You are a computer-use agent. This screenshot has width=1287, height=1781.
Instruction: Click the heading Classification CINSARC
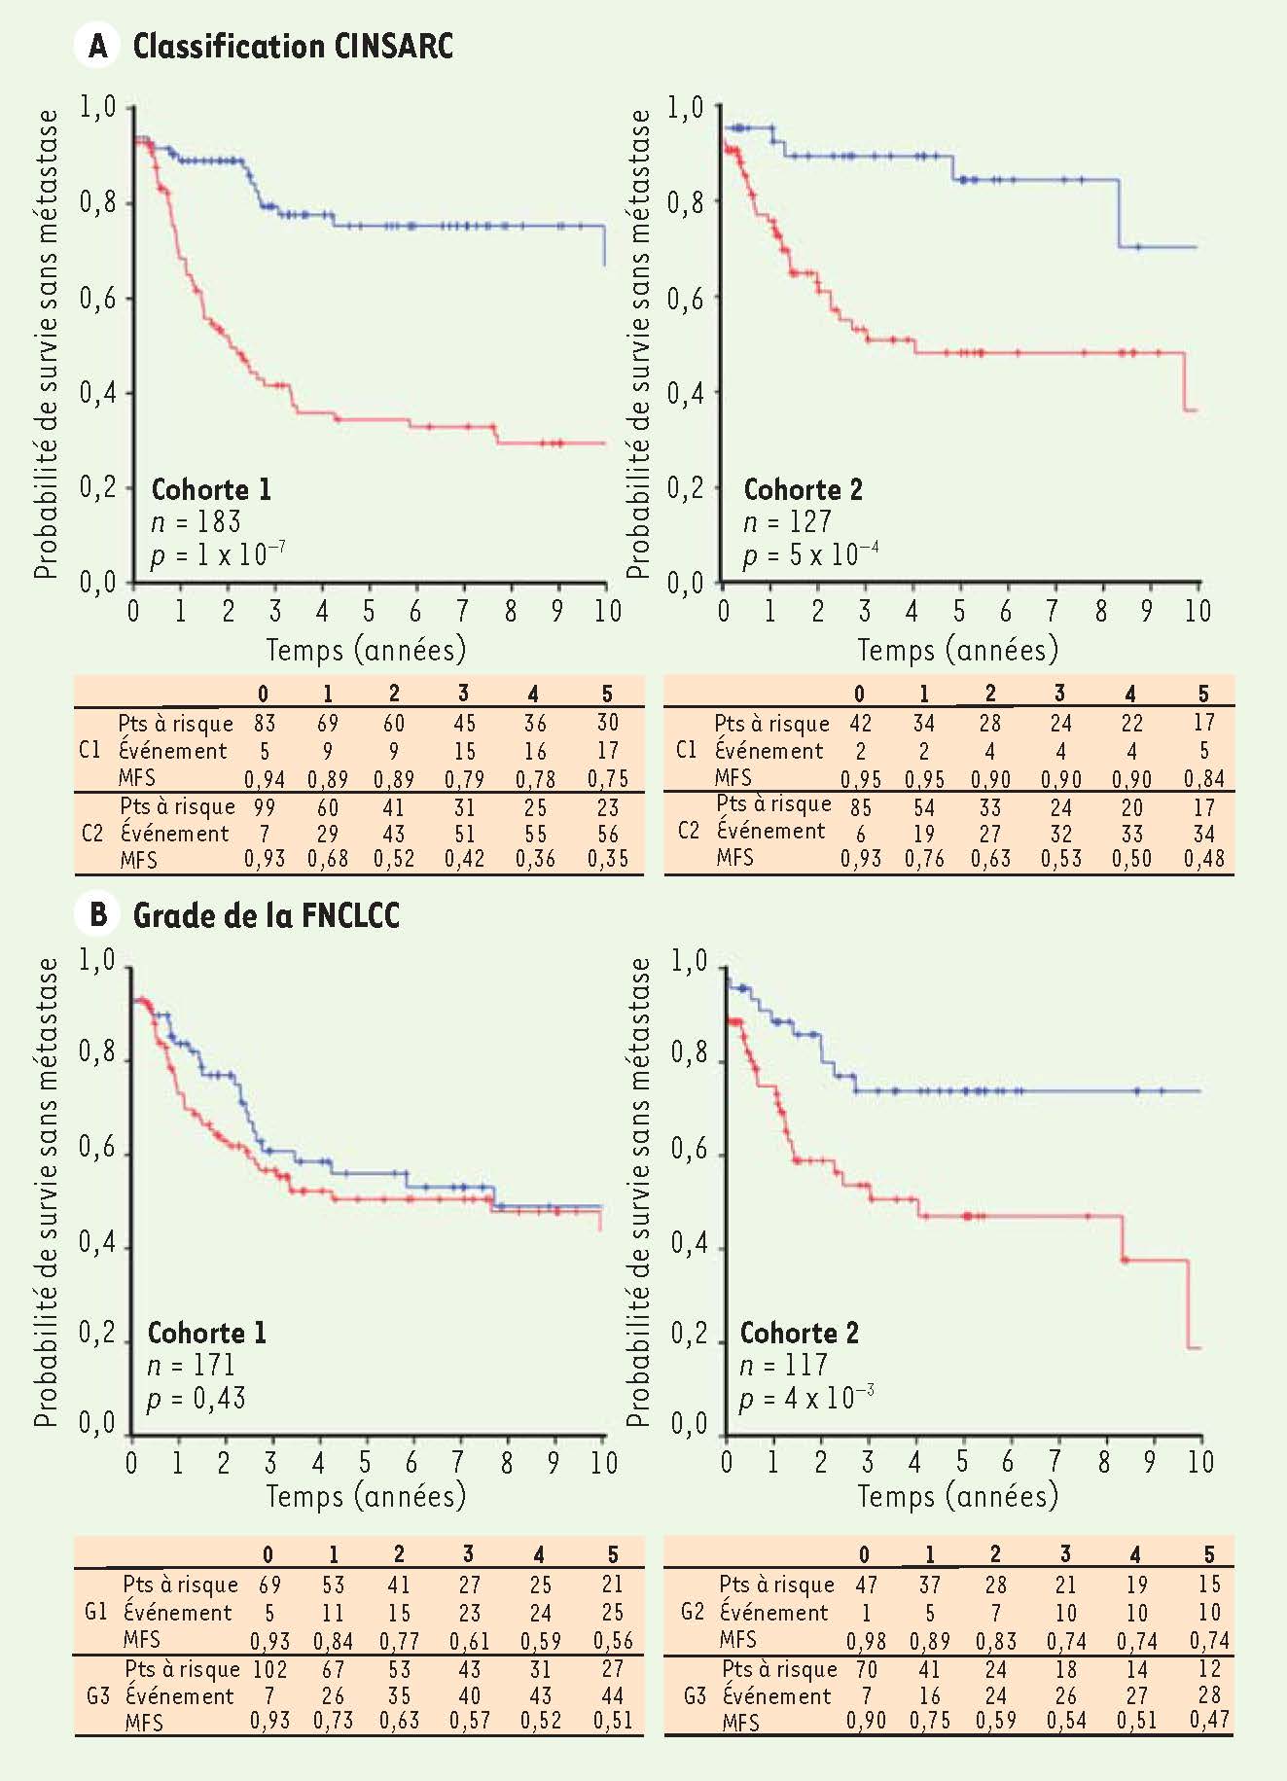click(293, 46)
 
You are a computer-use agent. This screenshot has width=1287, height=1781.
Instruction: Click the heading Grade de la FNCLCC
click(266, 915)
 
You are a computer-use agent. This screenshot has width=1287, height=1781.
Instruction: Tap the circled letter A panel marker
click(97, 46)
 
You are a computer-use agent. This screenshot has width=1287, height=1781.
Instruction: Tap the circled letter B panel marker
click(97, 915)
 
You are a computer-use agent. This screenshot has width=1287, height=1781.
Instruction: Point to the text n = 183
click(196, 522)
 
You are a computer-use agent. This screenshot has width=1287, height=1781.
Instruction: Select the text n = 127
click(787, 522)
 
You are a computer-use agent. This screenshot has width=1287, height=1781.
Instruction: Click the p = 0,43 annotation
click(196, 1399)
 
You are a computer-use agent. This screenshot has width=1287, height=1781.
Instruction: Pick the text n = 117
click(783, 1366)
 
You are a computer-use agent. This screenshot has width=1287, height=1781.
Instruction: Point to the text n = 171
click(191, 1366)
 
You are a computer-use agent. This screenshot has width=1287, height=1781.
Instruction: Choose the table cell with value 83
click(264, 723)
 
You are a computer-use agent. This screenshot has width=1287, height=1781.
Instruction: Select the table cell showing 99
click(264, 807)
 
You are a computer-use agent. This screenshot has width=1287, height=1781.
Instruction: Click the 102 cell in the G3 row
click(269, 1669)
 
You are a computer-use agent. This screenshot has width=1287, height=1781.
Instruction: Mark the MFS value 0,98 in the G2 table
click(865, 1642)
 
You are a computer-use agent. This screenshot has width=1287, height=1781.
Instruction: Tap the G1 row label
click(95, 1612)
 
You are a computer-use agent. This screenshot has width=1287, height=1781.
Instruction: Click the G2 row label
click(692, 1612)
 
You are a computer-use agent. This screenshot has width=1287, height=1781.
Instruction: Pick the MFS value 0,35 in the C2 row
click(607, 860)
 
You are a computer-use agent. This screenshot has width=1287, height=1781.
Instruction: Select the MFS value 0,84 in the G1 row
click(333, 1642)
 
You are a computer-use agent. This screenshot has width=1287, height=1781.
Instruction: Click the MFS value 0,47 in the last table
click(1208, 1721)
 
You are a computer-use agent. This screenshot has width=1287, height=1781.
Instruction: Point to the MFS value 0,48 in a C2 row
click(1203, 859)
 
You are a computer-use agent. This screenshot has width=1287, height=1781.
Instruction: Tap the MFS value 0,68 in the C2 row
click(328, 860)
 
